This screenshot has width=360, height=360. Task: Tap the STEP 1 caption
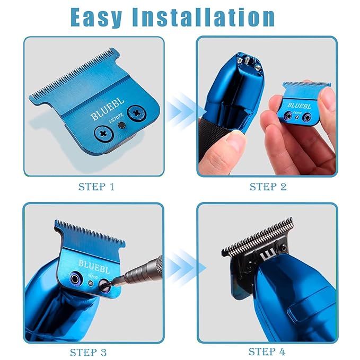96,187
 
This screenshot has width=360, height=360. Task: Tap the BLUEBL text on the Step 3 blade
93,264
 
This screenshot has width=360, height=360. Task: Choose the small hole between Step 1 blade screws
121,126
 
